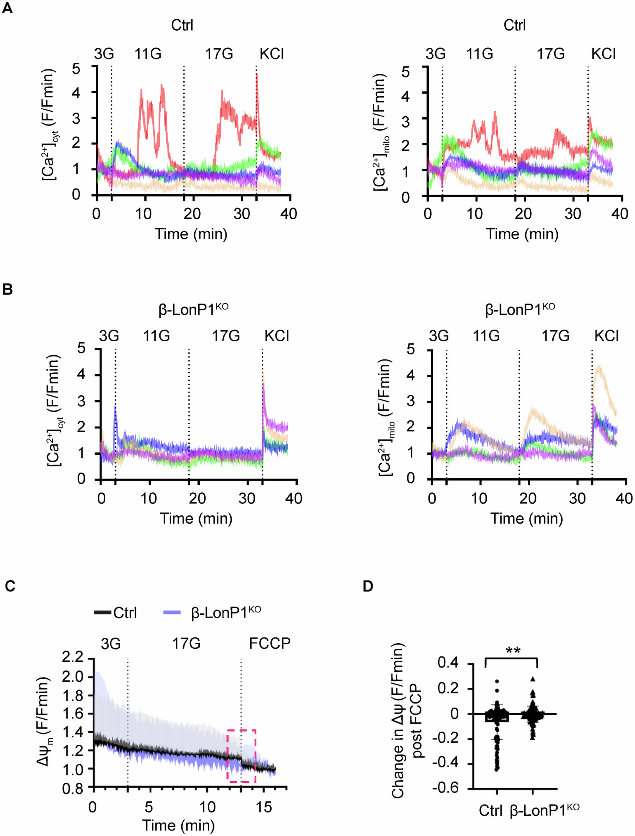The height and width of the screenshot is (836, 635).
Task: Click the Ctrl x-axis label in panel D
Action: click(x=491, y=811)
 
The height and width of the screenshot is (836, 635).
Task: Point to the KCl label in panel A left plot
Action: click(x=272, y=54)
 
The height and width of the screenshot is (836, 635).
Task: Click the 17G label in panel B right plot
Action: click(x=555, y=336)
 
